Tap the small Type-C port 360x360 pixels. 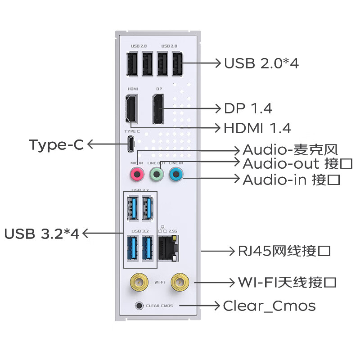point(131,144)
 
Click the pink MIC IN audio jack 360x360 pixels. point(136,173)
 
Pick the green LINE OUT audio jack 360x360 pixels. point(156,173)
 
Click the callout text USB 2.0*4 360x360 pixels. point(261,63)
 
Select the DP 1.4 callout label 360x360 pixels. point(248,108)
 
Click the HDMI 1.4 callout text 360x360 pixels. point(257,128)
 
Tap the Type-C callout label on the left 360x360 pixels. point(56,145)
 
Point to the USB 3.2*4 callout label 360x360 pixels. point(41,234)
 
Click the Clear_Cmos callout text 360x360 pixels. point(269,306)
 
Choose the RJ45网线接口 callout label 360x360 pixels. point(284,251)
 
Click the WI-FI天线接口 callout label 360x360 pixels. point(287,283)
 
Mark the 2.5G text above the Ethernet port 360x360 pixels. point(172,229)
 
